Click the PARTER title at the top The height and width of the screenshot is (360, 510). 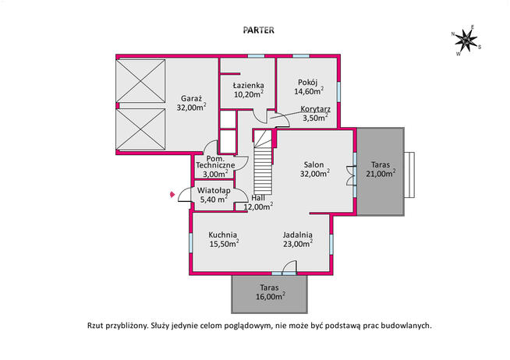(259, 30)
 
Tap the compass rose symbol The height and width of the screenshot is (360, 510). (466, 41)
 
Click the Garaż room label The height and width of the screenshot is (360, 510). (191, 103)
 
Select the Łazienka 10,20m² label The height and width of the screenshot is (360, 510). (249, 90)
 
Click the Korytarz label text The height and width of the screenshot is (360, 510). (315, 109)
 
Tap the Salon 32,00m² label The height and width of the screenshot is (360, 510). (314, 169)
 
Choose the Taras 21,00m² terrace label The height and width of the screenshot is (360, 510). (381, 169)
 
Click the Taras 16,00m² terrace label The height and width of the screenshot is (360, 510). (271, 292)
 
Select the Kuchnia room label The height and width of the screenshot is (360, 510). (224, 239)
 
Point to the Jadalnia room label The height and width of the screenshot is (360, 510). (298, 239)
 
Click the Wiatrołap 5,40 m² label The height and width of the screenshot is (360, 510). (214, 195)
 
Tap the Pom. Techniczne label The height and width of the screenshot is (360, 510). (215, 166)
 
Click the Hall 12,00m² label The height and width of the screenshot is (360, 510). (258, 202)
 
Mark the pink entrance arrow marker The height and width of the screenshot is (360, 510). (172, 195)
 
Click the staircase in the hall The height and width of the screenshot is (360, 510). (263, 162)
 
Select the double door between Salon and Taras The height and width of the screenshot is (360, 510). (351, 175)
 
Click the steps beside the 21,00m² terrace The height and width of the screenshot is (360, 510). (409, 175)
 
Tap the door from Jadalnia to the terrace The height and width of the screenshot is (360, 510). (290, 267)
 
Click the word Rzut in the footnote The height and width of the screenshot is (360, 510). (95, 326)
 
